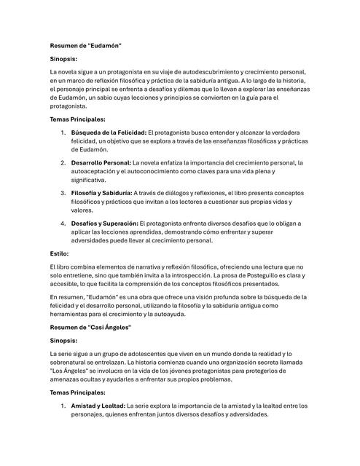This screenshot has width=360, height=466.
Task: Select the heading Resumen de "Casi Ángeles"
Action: [90, 328]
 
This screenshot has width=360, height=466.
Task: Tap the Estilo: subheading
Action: [59, 253]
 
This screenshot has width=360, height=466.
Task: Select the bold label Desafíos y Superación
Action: [104, 223]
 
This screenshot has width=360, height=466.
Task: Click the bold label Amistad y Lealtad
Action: [98, 406]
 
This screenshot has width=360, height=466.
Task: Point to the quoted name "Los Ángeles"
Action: [70, 371]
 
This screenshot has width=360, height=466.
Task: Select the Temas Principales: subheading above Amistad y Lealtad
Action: [77, 392]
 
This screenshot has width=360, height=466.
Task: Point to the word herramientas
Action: [73, 315]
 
